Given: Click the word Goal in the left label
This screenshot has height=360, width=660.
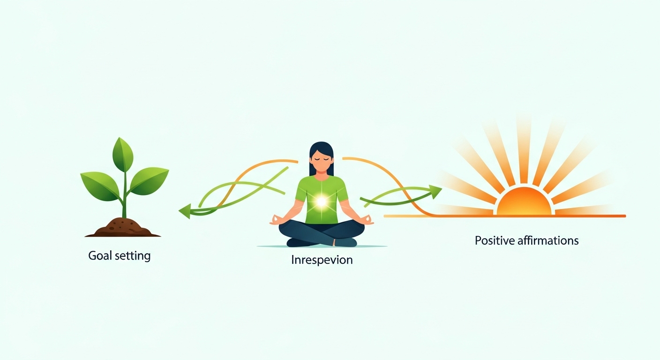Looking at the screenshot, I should point(99,256).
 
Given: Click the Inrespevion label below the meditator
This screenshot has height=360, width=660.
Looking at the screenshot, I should point(322,259).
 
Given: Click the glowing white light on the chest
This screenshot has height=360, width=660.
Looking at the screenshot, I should point(321,202).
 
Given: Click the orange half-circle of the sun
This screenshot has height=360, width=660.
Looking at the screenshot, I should point(524,203).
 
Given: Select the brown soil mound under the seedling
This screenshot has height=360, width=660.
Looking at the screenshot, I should point(123,227).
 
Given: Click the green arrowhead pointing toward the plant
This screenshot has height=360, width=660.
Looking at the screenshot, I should point(185,211).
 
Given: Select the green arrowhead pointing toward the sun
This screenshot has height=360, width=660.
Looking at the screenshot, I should point(435,191).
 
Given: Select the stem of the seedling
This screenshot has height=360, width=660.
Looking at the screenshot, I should point(124,197).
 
